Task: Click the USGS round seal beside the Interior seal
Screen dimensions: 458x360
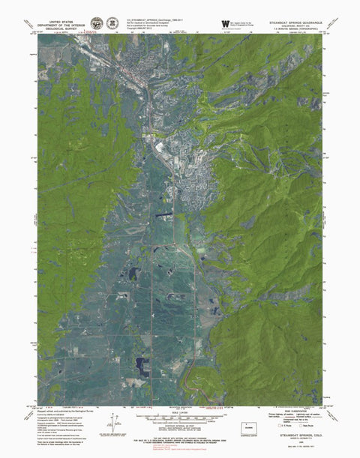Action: (x=112, y=24)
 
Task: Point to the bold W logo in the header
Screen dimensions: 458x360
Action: (x=224, y=23)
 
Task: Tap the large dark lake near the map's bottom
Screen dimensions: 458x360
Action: (x=141, y=367)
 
